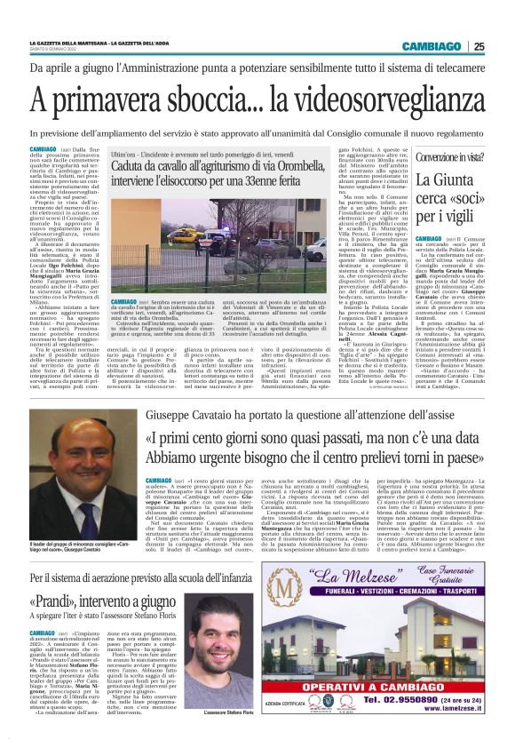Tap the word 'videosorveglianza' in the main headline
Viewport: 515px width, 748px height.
pyautogui.click(x=368, y=92)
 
